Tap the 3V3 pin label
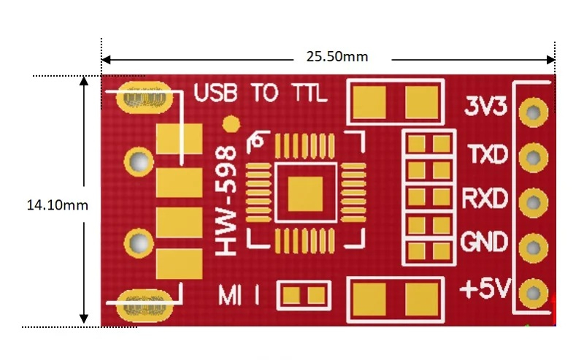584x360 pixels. (486, 107)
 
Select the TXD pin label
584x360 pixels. (487, 154)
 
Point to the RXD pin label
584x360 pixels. (485, 198)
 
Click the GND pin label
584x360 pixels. (485, 241)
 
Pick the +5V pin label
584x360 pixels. (484, 289)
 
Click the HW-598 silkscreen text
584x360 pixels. (228, 201)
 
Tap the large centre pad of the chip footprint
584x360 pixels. (304, 196)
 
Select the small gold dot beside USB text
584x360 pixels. (231, 124)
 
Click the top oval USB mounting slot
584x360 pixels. (142, 96)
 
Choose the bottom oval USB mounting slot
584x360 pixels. (142, 301)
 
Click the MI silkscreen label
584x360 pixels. (233, 296)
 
